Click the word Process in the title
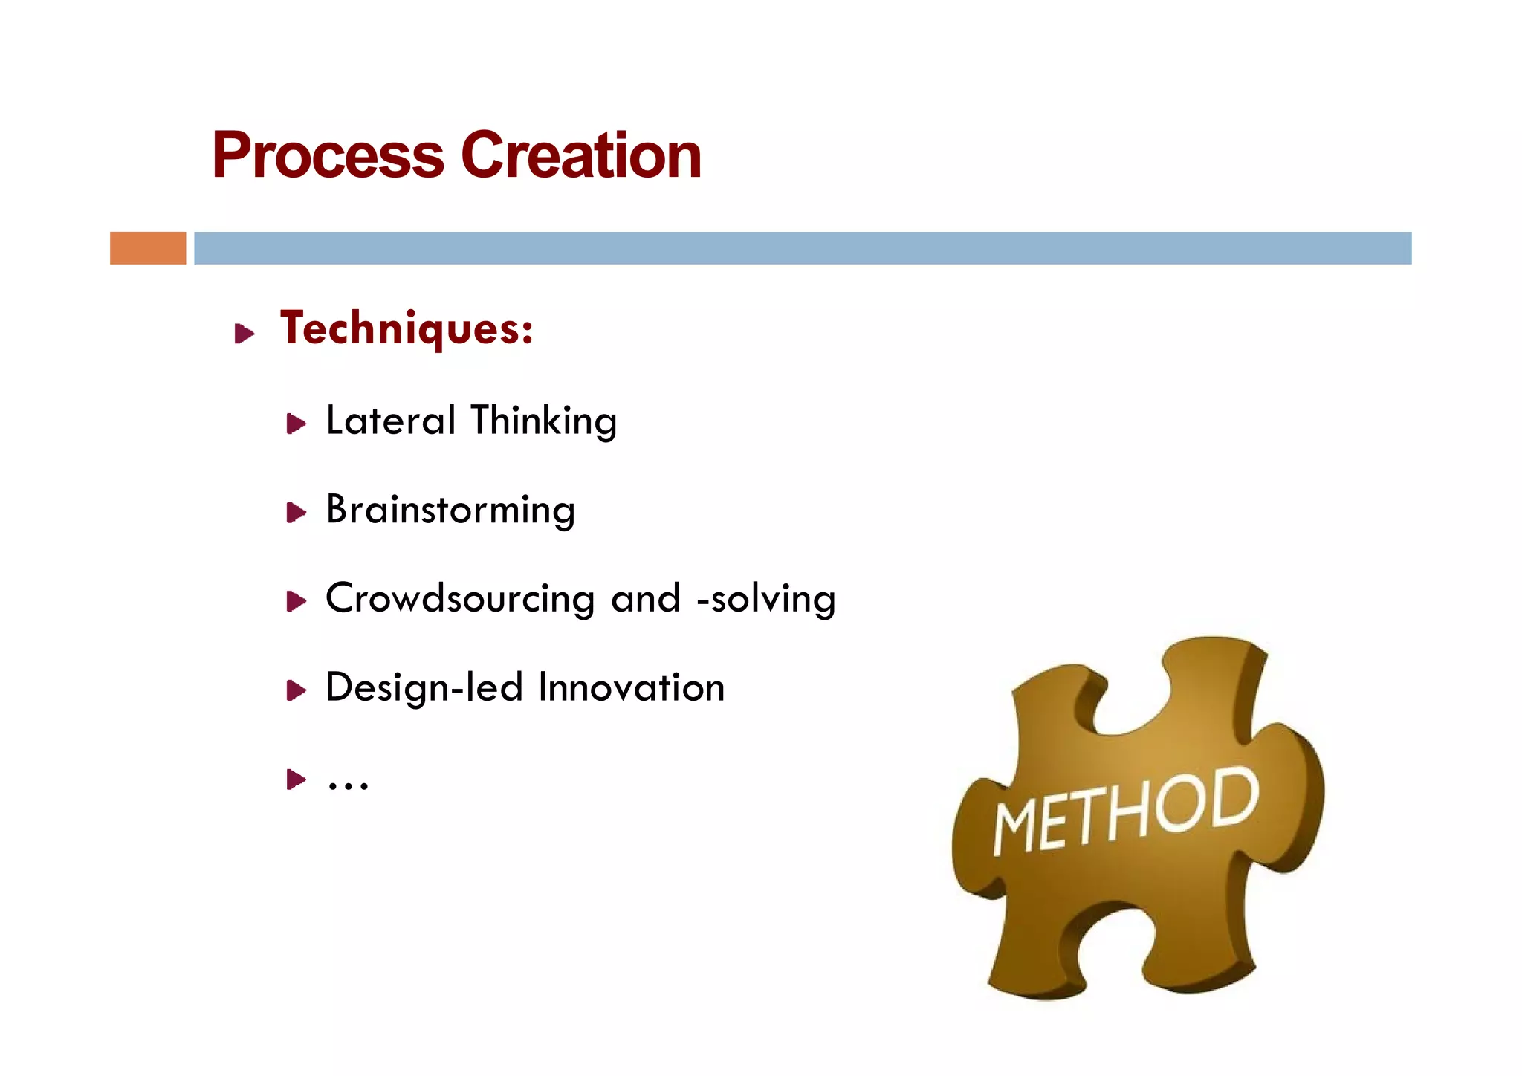[328, 156]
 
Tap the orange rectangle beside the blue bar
[148, 248]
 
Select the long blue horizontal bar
[803, 248]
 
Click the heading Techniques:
[407, 328]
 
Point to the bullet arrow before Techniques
[244, 334]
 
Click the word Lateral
[391, 421]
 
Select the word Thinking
[543, 421]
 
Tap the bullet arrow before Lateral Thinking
[296, 424]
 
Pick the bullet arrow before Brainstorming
[296, 513]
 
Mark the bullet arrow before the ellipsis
[296, 780]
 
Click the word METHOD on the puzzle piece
[1126, 811]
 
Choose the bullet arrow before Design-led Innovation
[296, 691]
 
